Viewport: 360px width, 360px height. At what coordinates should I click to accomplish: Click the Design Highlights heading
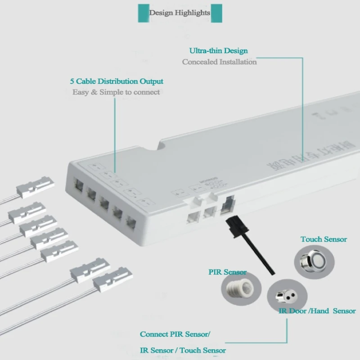[x=180, y=13]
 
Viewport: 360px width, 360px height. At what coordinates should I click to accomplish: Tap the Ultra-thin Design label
[x=218, y=51]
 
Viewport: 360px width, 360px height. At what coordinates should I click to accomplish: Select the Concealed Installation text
[x=219, y=62]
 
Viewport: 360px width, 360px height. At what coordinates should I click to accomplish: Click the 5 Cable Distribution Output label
[x=117, y=81]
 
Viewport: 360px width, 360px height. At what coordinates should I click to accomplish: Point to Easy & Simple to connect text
[x=116, y=92]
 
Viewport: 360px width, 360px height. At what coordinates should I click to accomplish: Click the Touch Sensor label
[x=324, y=239]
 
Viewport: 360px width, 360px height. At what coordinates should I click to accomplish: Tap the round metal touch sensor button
[x=309, y=261]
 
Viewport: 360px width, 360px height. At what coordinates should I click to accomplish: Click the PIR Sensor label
[x=227, y=272]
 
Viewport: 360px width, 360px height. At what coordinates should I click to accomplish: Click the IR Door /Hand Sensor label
[x=317, y=311]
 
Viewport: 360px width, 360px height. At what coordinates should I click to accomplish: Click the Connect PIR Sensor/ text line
[x=175, y=334]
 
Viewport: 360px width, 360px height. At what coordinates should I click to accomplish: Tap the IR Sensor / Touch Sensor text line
[x=183, y=350]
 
